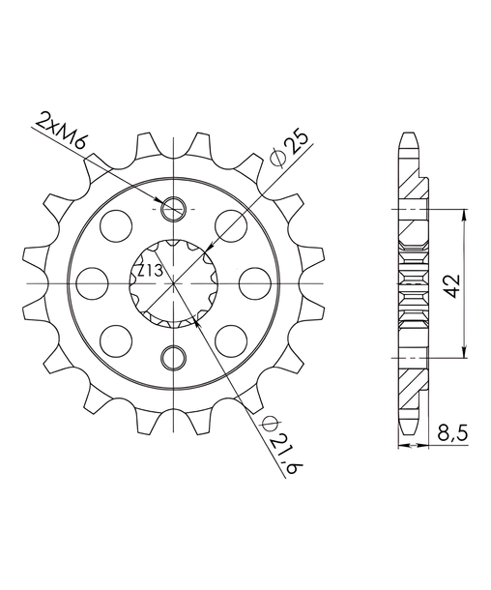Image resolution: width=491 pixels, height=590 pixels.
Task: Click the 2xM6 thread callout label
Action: (x=62, y=131)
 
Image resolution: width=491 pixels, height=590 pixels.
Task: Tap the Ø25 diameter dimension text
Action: (x=291, y=148)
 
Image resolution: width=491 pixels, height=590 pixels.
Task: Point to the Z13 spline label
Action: (x=149, y=271)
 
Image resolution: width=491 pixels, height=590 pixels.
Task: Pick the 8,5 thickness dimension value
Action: (x=452, y=434)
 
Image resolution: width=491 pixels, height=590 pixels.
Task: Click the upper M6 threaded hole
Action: (x=173, y=209)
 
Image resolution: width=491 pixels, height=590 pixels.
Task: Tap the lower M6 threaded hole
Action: (x=173, y=358)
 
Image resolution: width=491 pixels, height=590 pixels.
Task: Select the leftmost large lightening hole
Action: (x=92, y=283)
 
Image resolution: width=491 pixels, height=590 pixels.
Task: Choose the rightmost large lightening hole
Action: (x=255, y=283)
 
